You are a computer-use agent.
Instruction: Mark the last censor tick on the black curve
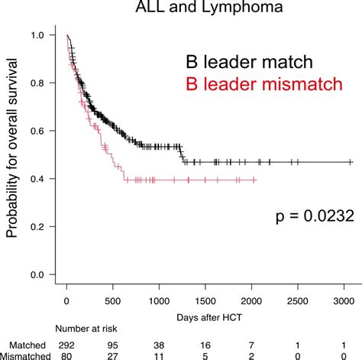coord(351,162)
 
